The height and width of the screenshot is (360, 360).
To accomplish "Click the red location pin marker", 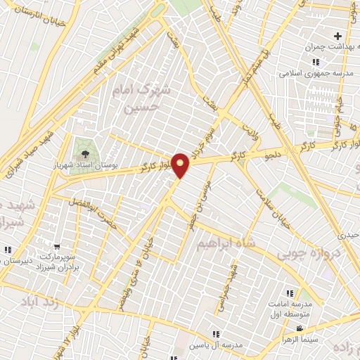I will tap(181, 165).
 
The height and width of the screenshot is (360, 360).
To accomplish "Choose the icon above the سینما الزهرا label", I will tap(300, 328).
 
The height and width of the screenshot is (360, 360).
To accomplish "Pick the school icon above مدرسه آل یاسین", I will tap(217, 334).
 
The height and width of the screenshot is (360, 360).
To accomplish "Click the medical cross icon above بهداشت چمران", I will tap(338, 36).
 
